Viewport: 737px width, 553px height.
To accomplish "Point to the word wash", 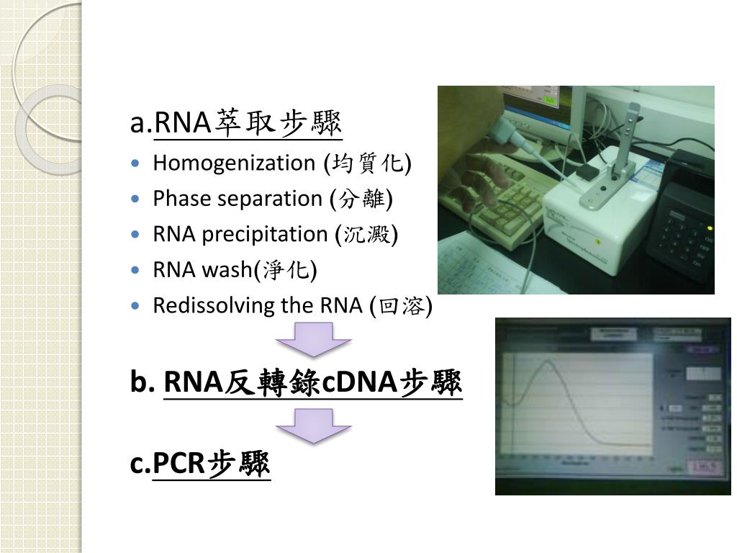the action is click(227, 270).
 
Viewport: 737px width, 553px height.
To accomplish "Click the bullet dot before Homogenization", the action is click(137, 163).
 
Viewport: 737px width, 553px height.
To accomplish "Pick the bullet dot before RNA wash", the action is click(137, 270).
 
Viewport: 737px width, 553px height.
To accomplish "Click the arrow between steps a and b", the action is click(314, 338).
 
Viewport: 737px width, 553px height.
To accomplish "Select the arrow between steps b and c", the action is click(314, 426).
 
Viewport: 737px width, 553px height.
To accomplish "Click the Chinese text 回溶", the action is click(400, 306).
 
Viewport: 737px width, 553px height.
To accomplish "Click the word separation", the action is click(264, 199).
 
